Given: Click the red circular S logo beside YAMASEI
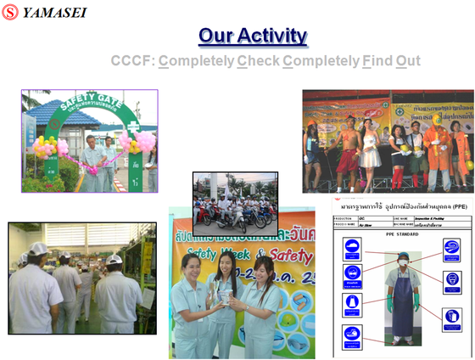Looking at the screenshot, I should (10, 13).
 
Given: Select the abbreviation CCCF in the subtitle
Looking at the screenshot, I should (131, 61).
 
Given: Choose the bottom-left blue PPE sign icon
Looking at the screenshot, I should (353, 334).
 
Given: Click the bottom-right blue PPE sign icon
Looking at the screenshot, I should (452, 317).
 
